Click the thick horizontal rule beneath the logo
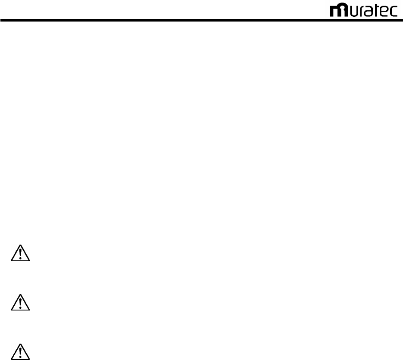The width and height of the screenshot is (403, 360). (x=201, y=20)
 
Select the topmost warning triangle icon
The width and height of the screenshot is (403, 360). (x=20, y=254)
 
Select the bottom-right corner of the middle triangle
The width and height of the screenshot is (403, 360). (x=29, y=310)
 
